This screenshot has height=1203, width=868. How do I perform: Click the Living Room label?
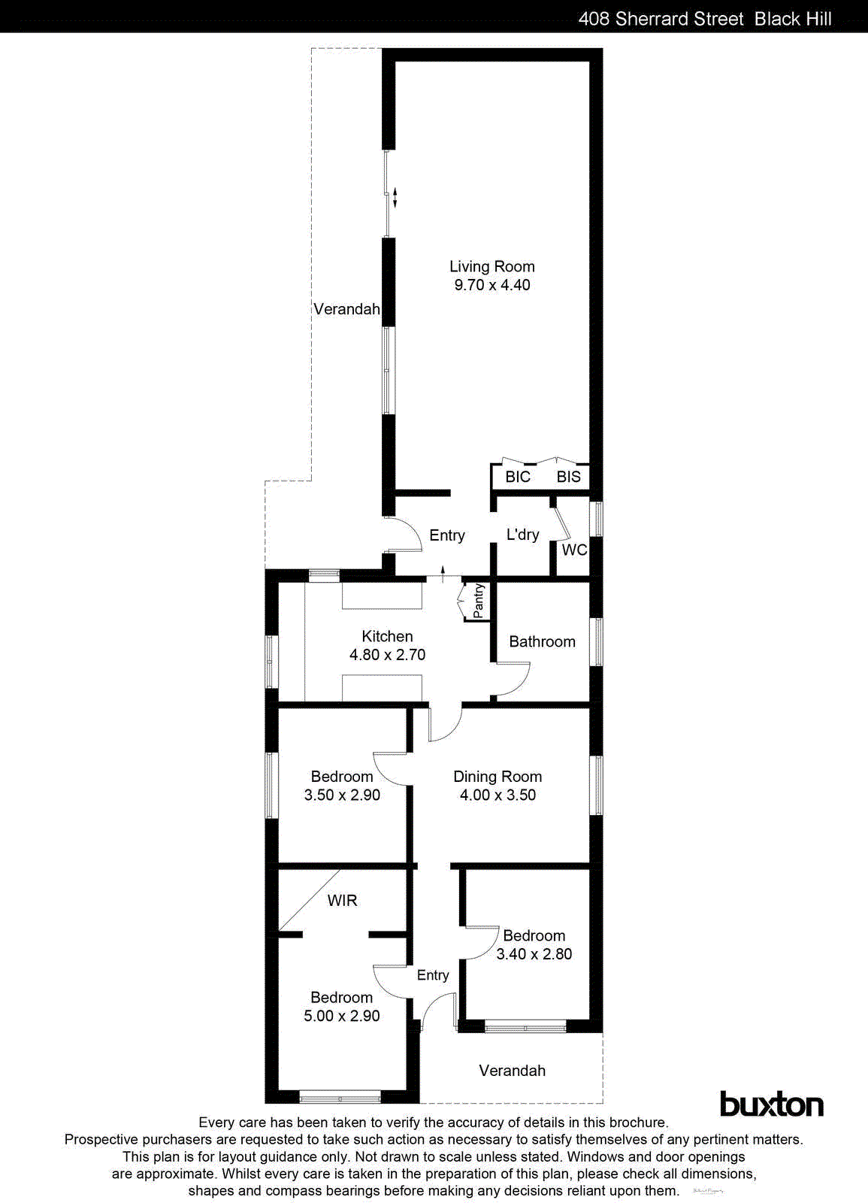(x=491, y=266)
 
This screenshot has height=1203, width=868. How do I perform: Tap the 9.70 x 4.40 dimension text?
(x=491, y=285)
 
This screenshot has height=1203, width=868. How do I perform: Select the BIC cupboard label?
(x=517, y=477)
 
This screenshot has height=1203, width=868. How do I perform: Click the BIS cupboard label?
(x=568, y=477)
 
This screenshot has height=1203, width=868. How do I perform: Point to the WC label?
(x=574, y=550)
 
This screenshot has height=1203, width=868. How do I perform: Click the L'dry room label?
(x=522, y=535)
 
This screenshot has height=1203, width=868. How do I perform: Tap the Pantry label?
(x=479, y=601)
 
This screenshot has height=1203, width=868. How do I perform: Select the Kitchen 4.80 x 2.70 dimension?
(x=387, y=655)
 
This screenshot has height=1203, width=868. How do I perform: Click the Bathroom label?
(x=542, y=641)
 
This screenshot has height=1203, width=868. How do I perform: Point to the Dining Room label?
(x=497, y=777)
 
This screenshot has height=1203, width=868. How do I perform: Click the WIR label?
(x=342, y=900)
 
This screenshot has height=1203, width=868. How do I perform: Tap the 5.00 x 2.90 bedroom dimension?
(x=341, y=1016)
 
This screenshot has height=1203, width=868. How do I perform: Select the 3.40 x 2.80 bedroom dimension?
(x=534, y=954)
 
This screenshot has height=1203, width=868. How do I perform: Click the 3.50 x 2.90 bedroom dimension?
(x=341, y=795)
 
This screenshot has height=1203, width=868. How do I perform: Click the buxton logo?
(x=771, y=1104)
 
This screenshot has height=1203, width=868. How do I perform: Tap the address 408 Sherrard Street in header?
(x=661, y=19)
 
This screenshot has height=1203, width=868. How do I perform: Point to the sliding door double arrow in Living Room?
(x=395, y=198)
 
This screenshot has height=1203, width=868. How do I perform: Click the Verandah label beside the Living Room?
(x=346, y=309)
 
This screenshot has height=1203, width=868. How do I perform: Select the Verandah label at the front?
(x=512, y=1071)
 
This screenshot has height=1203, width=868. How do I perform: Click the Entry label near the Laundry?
(x=446, y=535)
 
